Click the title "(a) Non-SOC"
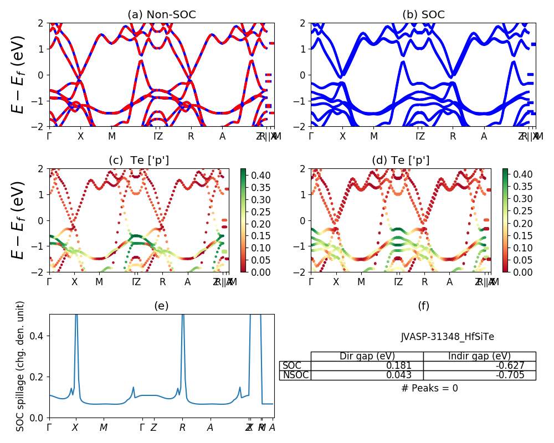pos(162,15)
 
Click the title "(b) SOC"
pos(423,15)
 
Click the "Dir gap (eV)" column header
pos(367,356)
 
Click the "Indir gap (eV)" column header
pos(479,356)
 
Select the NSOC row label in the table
pos(295,375)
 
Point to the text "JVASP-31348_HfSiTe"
pos(447,336)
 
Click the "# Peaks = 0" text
pos(429,388)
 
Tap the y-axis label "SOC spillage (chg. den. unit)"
pos(20,366)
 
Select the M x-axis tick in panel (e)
pos(104,427)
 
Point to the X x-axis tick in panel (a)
pos(81,136)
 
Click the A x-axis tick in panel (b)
pos(484,136)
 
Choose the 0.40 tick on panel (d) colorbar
pos(520,176)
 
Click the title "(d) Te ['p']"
pos(401,161)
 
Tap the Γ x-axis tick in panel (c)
pos(50,282)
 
